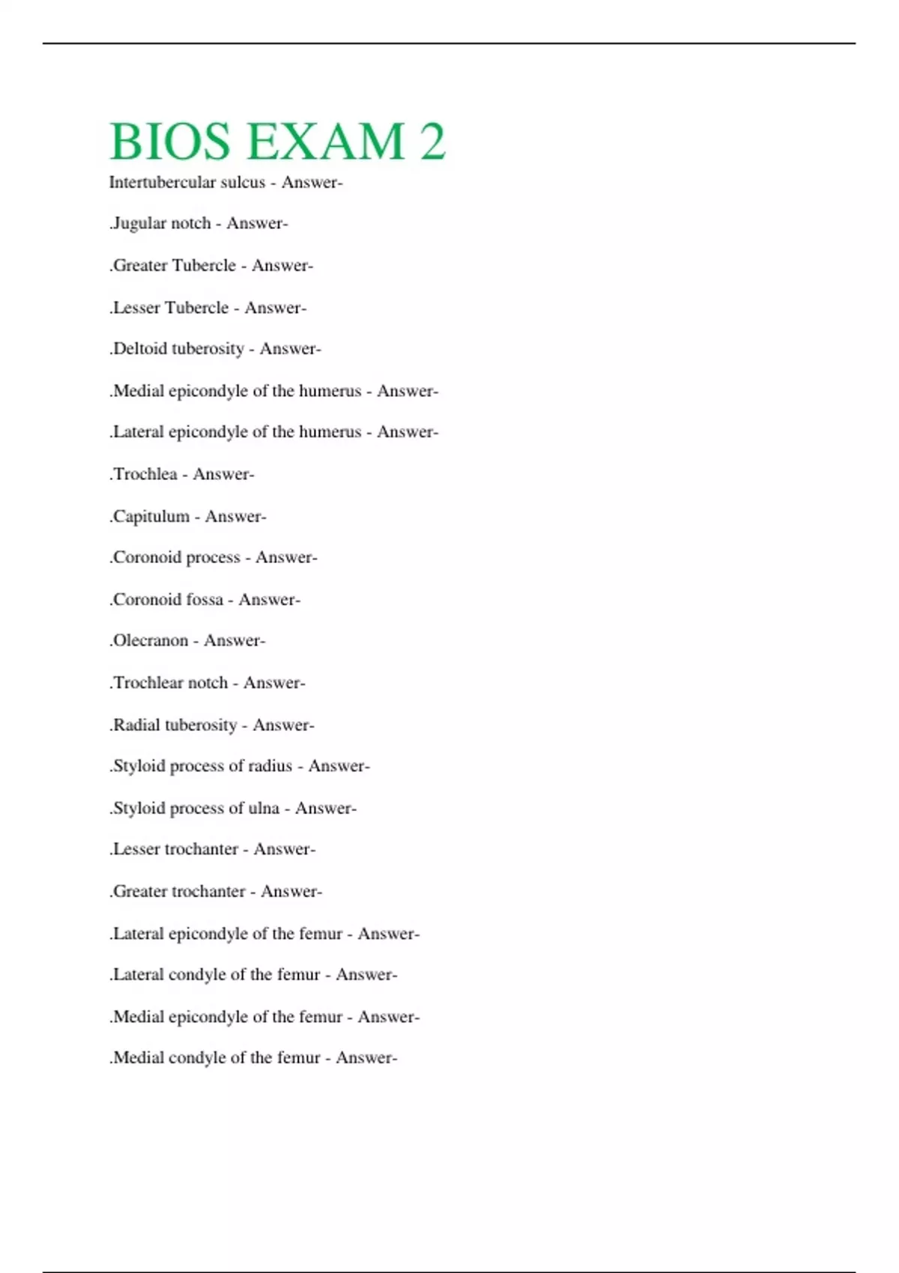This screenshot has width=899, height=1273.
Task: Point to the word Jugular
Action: coord(139,223)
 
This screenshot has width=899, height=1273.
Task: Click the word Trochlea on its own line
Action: coord(145,474)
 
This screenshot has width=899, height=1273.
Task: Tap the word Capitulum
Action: coord(151,516)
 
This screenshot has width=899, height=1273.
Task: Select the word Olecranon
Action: coord(150,640)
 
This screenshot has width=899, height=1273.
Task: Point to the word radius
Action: coord(270,766)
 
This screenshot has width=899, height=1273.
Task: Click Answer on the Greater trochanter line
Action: coord(291,891)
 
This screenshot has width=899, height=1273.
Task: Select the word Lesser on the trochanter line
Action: coord(136,849)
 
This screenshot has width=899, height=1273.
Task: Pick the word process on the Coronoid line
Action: coord(213,557)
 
